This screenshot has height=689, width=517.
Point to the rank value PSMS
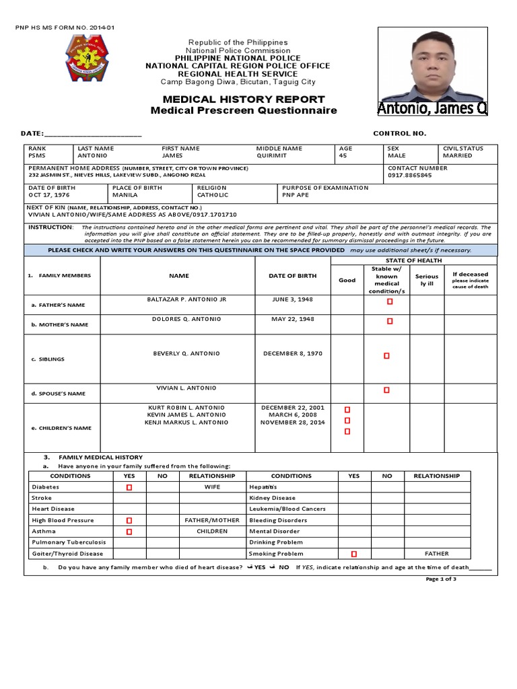(x=36, y=155)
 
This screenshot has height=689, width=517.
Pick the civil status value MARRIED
(x=457, y=155)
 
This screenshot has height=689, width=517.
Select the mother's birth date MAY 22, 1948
(x=293, y=319)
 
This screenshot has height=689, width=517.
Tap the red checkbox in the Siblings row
(x=386, y=355)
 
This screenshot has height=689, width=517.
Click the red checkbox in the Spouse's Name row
(x=386, y=390)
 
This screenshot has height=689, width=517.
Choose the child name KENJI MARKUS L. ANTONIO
(x=188, y=423)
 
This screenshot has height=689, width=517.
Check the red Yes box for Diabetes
(x=129, y=486)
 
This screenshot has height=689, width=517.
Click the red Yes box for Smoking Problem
(x=353, y=554)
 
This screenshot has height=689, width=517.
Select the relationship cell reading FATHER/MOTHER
(x=211, y=520)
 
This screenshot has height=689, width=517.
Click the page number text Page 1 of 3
(x=441, y=579)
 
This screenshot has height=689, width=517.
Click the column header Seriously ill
(x=426, y=280)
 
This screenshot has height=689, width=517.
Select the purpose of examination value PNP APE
(x=296, y=195)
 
